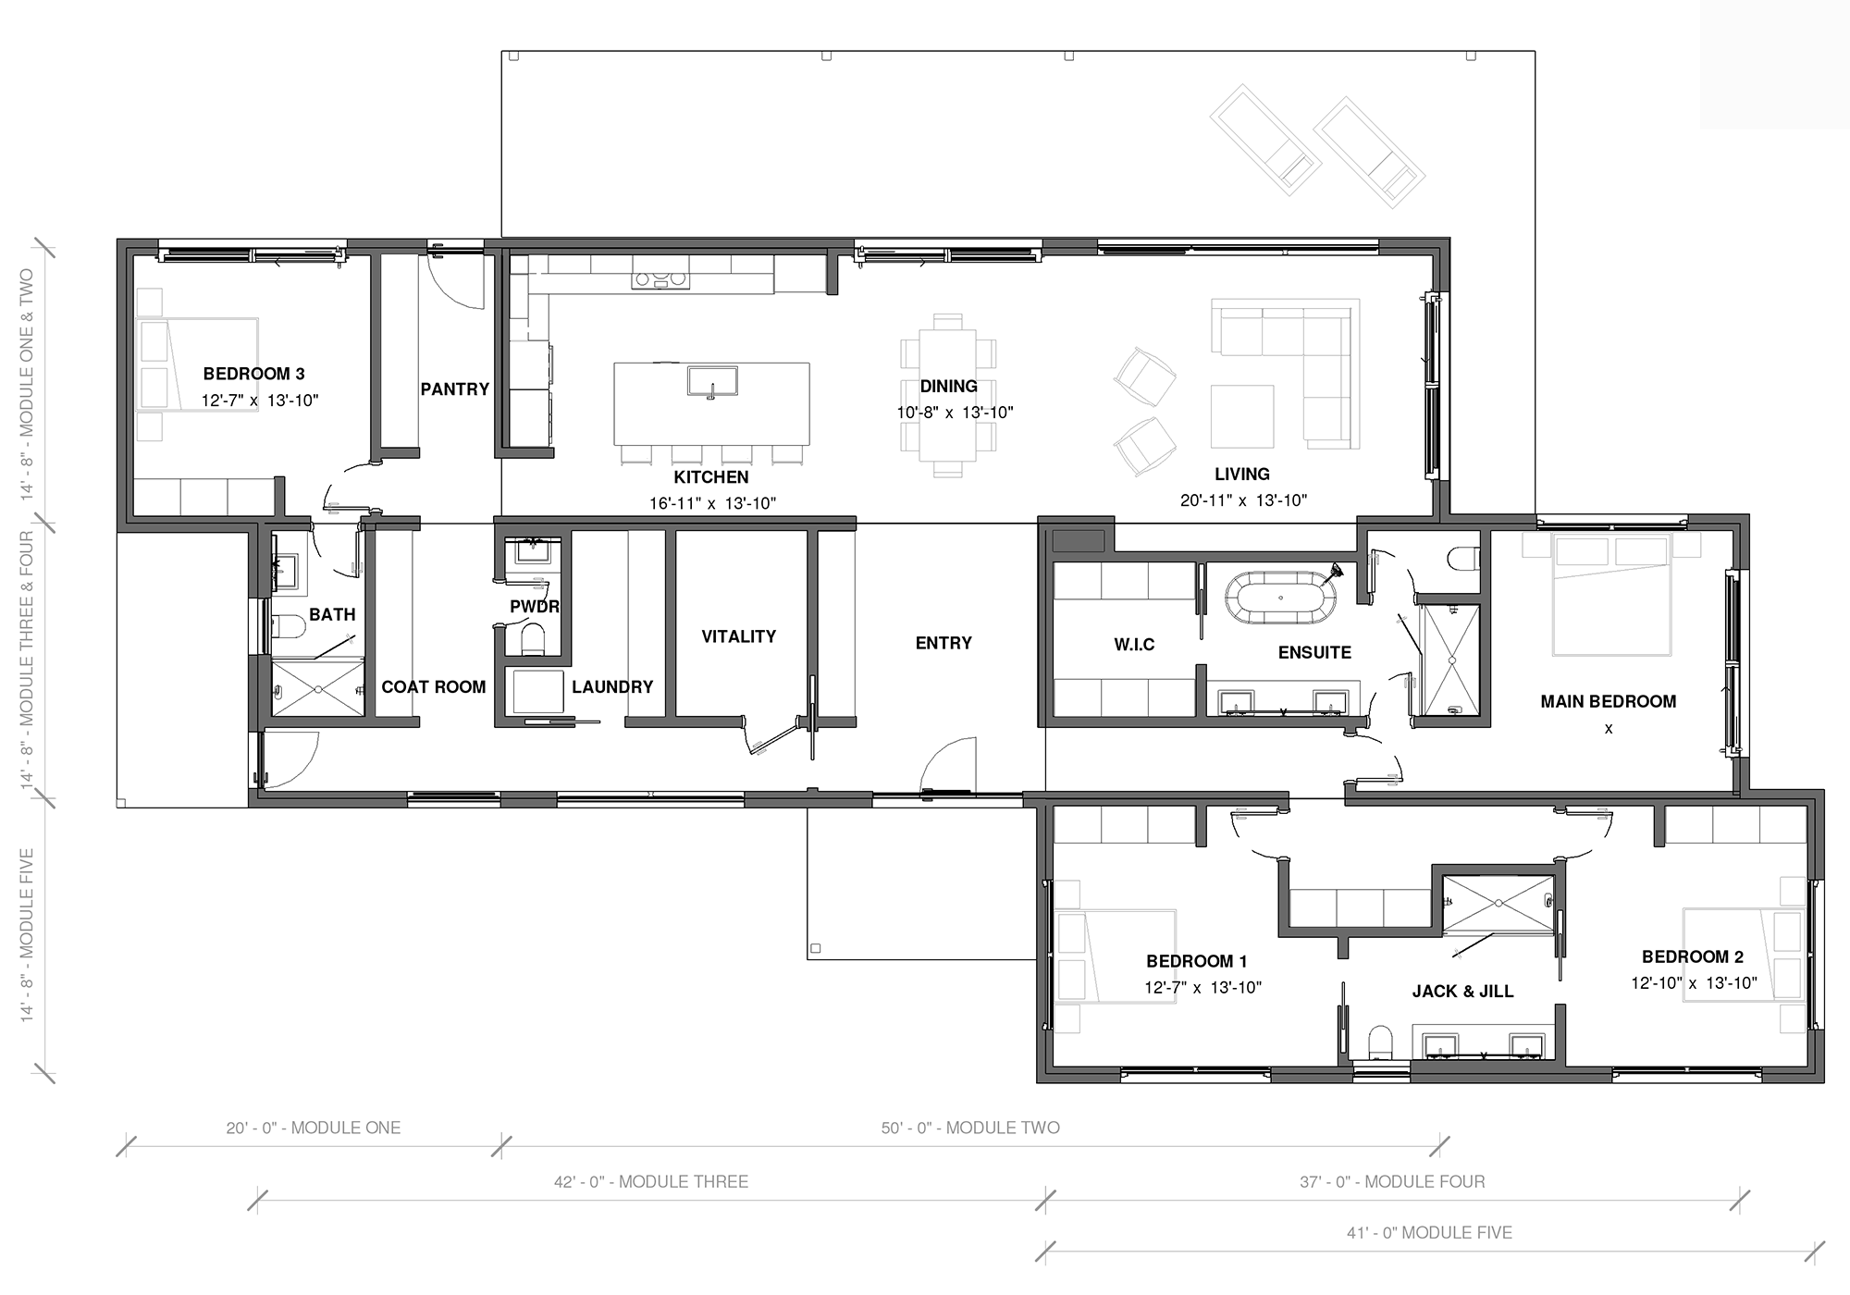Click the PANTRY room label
tap(455, 389)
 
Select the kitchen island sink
tap(712, 381)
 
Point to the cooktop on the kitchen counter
tap(660, 278)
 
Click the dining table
tap(948, 395)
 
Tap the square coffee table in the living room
tap(1242, 416)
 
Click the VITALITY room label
tap(738, 636)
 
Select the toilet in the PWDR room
tap(533, 639)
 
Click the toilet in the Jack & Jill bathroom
tap(1380, 1042)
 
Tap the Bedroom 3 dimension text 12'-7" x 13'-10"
tap(260, 401)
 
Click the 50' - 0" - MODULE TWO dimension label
tap(970, 1128)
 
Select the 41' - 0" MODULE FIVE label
tap(1429, 1233)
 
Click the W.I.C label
tap(1134, 645)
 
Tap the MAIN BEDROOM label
tap(1609, 701)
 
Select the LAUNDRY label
tap(612, 687)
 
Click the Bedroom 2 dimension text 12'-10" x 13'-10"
tap(1694, 983)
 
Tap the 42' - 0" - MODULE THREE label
tap(651, 1181)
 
